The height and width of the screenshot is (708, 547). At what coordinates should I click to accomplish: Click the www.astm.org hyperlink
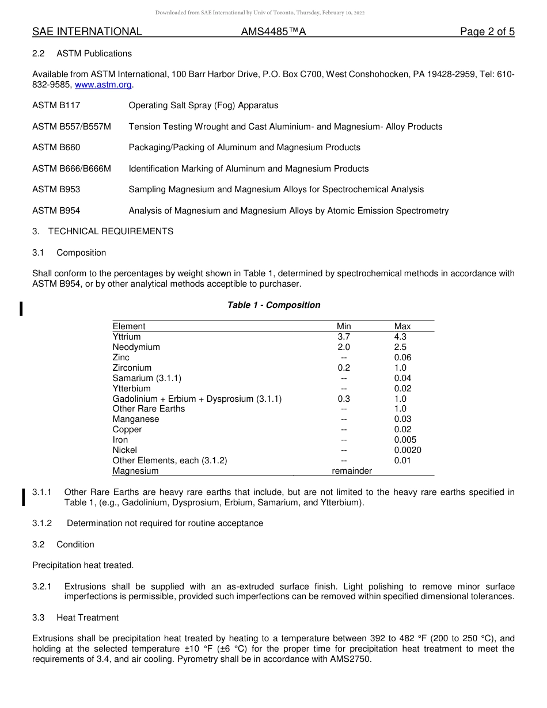104,85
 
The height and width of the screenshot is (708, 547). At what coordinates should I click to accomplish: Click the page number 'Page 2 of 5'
487,32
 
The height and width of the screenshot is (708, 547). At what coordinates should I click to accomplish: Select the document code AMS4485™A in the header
273,32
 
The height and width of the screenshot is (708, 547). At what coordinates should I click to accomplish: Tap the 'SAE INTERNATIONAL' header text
87,32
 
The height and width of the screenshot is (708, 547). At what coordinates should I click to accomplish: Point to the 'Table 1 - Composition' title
273,305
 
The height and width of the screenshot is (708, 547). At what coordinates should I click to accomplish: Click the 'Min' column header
344,326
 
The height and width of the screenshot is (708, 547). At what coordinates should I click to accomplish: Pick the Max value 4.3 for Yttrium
400,337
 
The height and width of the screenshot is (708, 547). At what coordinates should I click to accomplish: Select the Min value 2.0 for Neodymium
344,347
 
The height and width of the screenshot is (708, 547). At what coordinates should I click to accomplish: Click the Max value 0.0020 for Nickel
408,450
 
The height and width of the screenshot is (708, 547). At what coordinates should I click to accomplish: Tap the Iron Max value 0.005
405,440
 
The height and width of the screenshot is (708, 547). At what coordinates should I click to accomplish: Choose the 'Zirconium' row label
132,368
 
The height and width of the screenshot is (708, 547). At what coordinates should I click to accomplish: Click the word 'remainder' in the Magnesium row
352,471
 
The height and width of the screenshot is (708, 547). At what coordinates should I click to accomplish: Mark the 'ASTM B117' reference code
56,105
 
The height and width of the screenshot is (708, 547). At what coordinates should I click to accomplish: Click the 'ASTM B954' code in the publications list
56,211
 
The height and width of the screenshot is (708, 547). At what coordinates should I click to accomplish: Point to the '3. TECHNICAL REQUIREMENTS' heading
102,231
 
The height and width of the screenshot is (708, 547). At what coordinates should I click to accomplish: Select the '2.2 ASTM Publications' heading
82,54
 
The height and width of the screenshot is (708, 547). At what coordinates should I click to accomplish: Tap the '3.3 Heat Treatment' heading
75,618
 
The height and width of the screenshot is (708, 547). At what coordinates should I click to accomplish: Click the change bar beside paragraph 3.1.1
23,497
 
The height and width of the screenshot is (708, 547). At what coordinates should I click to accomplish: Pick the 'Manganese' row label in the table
136,419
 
